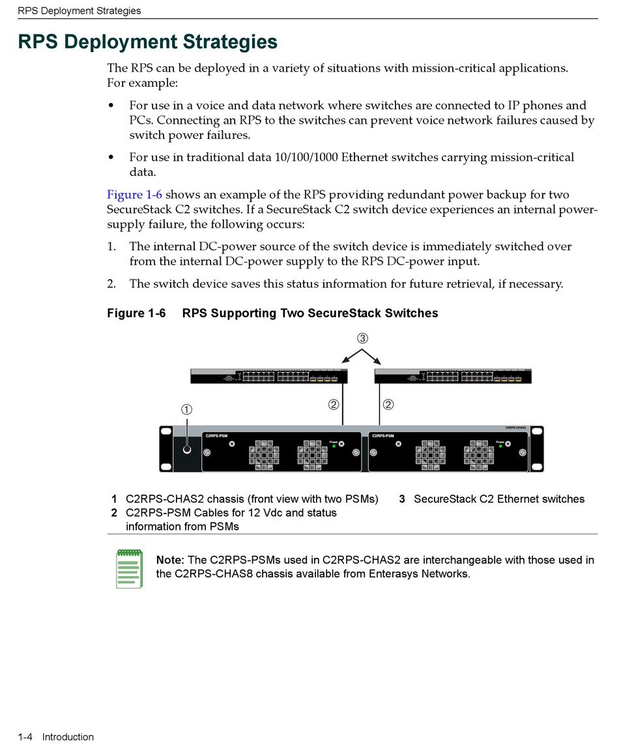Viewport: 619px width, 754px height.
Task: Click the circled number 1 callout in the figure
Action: pyautogui.click(x=186, y=409)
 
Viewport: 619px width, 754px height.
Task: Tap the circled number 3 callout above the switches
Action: pyautogui.click(x=362, y=338)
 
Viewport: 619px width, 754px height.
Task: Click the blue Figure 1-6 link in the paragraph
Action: pyautogui.click(x=134, y=194)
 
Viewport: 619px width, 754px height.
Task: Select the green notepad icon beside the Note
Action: pyautogui.click(x=128, y=568)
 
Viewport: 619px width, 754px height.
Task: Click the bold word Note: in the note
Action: pyautogui.click(x=170, y=560)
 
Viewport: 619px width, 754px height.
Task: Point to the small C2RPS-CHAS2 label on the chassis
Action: pyautogui.click(x=515, y=428)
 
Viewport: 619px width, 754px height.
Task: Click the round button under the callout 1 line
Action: pyautogui.click(x=188, y=450)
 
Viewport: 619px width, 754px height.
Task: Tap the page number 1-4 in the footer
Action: pyautogui.click(x=26, y=737)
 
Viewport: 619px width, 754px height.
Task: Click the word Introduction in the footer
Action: pyautogui.click(x=68, y=737)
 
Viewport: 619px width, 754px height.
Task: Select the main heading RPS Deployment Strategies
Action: pyautogui.click(x=147, y=42)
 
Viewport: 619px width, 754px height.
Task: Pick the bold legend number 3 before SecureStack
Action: pyautogui.click(x=402, y=499)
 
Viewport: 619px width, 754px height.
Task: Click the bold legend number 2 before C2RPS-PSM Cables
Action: pyautogui.click(x=114, y=513)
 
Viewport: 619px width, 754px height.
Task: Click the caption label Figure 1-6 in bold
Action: pyautogui.click(x=136, y=313)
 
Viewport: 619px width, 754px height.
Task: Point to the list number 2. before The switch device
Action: pyautogui.click(x=111, y=283)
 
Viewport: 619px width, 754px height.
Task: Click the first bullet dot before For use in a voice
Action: pyautogui.click(x=111, y=106)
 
